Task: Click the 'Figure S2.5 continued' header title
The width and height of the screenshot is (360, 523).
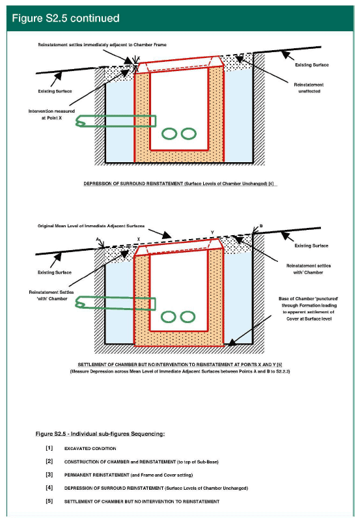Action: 66,18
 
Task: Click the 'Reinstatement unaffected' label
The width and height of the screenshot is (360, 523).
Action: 309,88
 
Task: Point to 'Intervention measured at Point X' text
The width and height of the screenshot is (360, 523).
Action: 51,115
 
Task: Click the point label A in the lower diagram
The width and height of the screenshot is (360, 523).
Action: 98,239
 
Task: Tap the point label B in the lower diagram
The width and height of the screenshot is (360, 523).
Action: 261,226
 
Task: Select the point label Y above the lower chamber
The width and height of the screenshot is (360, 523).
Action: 212,233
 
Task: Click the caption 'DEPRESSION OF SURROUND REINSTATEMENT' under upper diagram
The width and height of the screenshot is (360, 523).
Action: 133,184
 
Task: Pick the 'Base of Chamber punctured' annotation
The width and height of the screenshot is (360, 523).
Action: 309,309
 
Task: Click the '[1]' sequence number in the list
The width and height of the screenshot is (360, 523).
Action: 49,448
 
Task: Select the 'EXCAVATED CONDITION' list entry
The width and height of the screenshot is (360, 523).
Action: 90,449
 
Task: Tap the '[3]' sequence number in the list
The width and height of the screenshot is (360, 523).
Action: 49,474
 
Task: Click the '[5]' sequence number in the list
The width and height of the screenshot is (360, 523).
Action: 49,501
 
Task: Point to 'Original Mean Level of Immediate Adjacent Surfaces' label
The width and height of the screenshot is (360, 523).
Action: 91,226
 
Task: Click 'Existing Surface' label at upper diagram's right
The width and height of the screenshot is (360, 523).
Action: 312,64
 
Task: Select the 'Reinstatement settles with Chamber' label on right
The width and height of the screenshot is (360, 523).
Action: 309,269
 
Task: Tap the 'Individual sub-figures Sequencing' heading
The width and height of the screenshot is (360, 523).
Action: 118,434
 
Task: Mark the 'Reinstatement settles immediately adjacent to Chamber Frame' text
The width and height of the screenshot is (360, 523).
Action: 102,45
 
